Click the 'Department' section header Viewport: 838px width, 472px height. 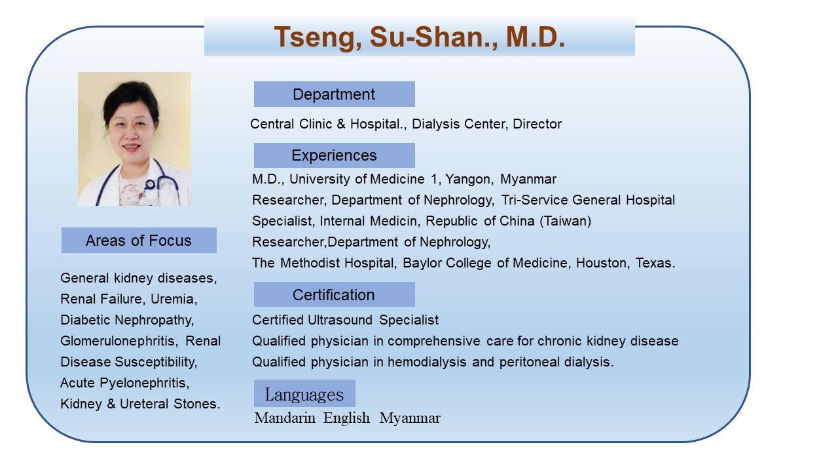[x=334, y=94]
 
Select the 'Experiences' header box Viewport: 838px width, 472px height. [x=334, y=155]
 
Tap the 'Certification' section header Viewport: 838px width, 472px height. [x=334, y=294]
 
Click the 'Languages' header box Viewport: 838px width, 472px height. [x=304, y=393]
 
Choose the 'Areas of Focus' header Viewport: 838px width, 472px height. [x=139, y=240]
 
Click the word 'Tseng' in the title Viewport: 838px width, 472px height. [x=318, y=38]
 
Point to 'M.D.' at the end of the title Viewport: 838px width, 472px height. [x=536, y=37]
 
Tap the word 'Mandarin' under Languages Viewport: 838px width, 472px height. [x=285, y=418]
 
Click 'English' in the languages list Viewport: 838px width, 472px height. [x=346, y=418]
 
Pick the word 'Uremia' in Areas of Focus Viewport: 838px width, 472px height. [x=173, y=299]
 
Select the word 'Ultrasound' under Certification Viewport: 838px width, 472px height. [x=340, y=320]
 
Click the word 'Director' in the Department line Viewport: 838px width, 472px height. [x=537, y=124]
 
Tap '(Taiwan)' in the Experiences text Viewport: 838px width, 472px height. [x=565, y=221]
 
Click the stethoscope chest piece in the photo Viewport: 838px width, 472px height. [x=150, y=184]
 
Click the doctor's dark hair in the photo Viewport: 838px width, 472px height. [x=131, y=98]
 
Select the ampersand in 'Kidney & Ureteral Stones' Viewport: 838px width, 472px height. [x=111, y=404]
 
